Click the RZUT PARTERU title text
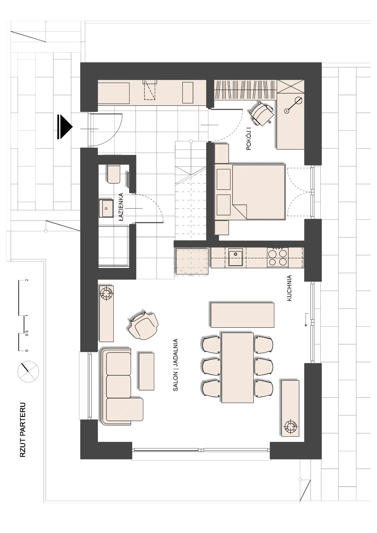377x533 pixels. [x=22, y=430]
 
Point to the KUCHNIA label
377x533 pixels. [x=289, y=288]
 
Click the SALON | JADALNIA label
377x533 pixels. [x=175, y=365]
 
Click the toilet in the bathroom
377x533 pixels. [x=114, y=174]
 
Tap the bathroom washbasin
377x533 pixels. [x=106, y=208]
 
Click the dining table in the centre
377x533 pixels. [x=237, y=368]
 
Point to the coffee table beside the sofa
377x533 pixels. [x=146, y=371]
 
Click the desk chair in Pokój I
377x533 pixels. [x=261, y=114]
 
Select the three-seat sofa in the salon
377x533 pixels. [x=121, y=387]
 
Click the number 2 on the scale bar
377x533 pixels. [x=27, y=280]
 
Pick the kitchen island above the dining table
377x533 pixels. [x=242, y=315]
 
